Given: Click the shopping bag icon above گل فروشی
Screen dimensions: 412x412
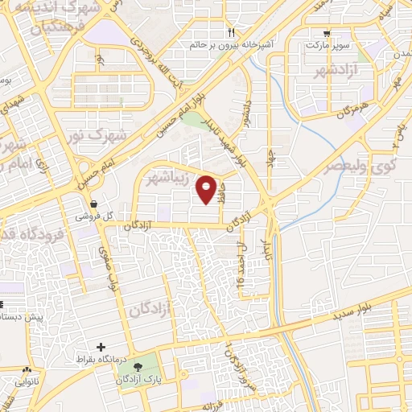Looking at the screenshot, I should pyautogui.click(x=95, y=204).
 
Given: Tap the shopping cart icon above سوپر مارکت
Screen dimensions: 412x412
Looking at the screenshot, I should pyautogui.click(x=326, y=33).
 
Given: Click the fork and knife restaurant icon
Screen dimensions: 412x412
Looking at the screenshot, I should pyautogui.click(x=230, y=33).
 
